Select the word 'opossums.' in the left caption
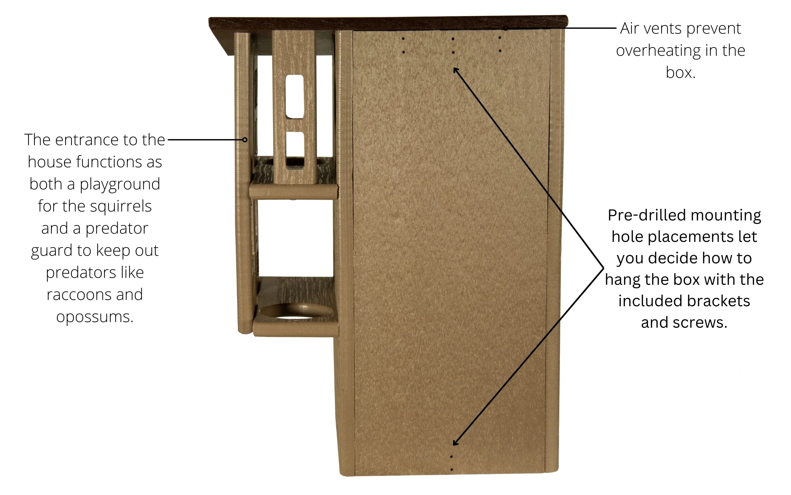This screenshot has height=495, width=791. [95, 317]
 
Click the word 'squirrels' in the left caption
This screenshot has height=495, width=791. [121, 206]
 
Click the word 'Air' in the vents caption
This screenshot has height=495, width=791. [630, 29]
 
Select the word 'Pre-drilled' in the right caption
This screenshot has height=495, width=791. [647, 215]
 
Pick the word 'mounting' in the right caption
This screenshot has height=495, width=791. [726, 215]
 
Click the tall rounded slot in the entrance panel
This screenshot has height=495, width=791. [295, 96]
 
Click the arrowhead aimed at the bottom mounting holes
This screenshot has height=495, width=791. [455, 443]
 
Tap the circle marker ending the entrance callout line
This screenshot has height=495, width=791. [245, 140]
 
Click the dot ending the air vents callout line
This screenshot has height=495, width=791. [505, 29]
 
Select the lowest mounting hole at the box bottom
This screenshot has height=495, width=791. [452, 469]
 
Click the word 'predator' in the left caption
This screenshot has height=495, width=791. [117, 228]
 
